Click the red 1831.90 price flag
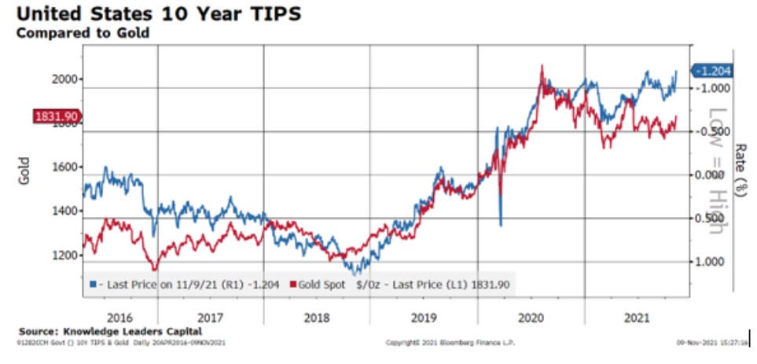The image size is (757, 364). tap(57, 116)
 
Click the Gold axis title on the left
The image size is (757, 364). tap(24, 173)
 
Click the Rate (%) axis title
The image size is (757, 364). tap(740, 170)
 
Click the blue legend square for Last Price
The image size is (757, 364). tap(93, 284)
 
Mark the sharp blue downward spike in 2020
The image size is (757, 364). tap(501, 222)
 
